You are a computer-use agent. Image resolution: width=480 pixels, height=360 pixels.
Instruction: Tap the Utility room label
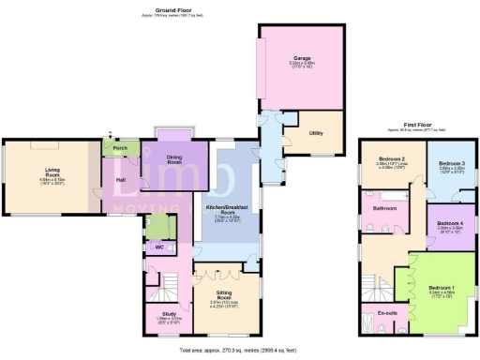[316, 132]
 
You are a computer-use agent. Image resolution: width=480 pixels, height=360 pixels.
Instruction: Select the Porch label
[120, 147]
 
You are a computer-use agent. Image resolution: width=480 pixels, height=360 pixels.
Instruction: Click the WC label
[159, 247]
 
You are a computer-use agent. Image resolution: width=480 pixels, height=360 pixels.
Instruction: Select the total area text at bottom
[240, 350]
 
